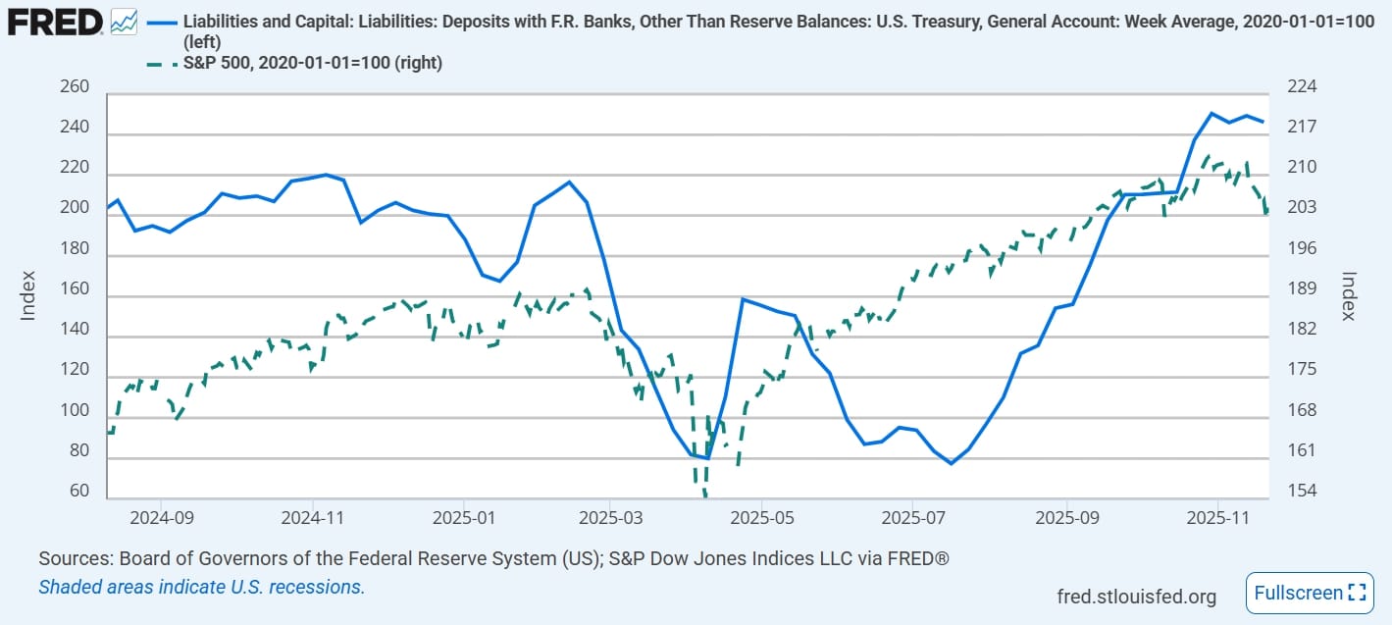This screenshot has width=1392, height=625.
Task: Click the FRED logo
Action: (x=54, y=21)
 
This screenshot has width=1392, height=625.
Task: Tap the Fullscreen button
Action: (x=1308, y=593)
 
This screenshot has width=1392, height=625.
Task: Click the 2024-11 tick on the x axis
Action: (x=311, y=517)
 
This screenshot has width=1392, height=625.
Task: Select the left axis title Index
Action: (x=28, y=295)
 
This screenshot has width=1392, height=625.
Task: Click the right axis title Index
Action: (x=1349, y=295)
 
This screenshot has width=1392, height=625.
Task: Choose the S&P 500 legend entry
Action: (x=312, y=63)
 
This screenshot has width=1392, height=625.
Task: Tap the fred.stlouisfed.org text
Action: (x=1136, y=597)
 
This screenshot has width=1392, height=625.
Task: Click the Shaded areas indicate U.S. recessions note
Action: (x=201, y=588)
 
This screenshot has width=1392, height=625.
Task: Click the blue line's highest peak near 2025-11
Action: (x=1212, y=114)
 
